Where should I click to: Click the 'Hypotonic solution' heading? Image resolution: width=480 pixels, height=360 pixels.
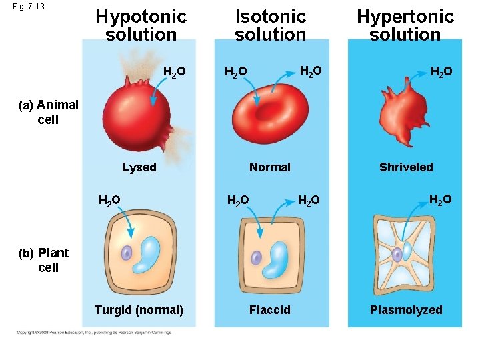(141, 25)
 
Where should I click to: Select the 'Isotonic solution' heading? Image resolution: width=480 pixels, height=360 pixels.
(271, 25)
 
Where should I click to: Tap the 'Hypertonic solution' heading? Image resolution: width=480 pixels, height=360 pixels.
(405, 25)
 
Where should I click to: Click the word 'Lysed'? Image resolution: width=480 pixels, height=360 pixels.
(139, 167)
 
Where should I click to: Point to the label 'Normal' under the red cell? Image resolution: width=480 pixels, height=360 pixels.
(269, 167)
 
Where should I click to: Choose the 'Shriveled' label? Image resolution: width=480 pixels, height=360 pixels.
(406, 167)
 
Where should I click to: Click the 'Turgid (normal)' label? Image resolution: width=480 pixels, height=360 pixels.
(139, 310)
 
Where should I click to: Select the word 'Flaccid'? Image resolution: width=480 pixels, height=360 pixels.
(269, 310)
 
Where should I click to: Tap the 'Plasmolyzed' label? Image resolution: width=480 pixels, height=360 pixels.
(406, 310)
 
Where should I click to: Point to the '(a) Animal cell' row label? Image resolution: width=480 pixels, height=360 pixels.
(48, 112)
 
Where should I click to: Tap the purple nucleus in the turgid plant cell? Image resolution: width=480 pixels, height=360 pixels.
(127, 253)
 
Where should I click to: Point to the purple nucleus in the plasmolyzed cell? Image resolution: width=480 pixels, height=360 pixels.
(397, 254)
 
